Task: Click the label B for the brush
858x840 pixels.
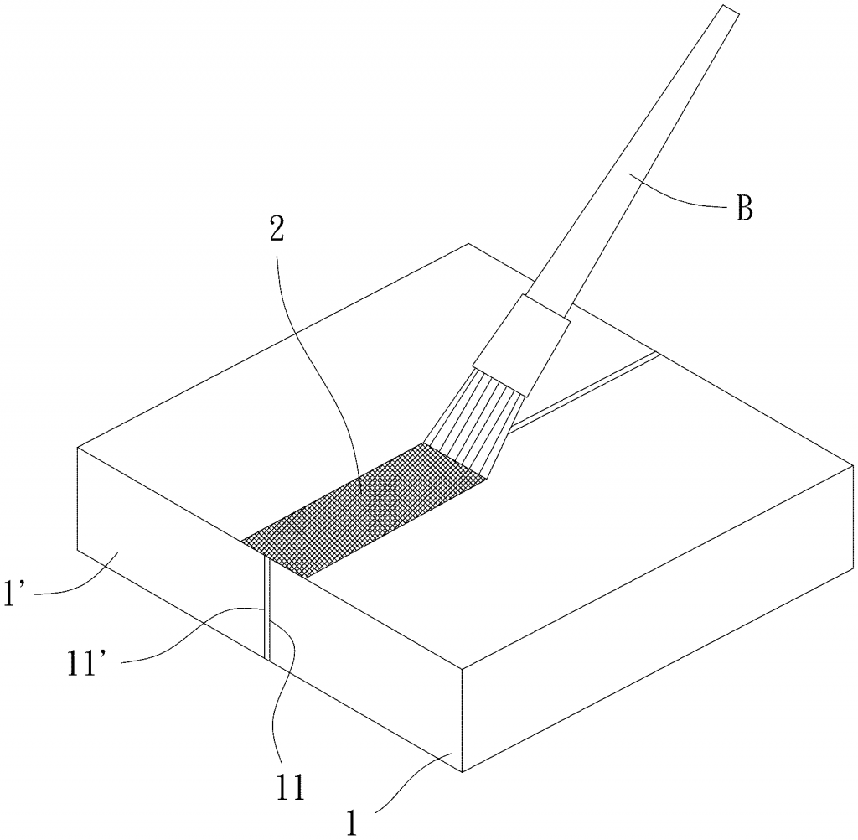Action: tap(745, 208)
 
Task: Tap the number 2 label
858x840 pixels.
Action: tap(277, 230)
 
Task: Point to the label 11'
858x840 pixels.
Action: tap(83, 662)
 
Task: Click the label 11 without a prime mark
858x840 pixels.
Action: tap(289, 789)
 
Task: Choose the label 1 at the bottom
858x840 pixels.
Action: tap(352, 822)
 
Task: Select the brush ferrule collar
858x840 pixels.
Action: tap(521, 345)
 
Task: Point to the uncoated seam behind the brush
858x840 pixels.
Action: tap(584, 392)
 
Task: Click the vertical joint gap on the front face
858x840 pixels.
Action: tap(267, 607)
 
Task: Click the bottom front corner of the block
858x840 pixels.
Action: tap(463, 772)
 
